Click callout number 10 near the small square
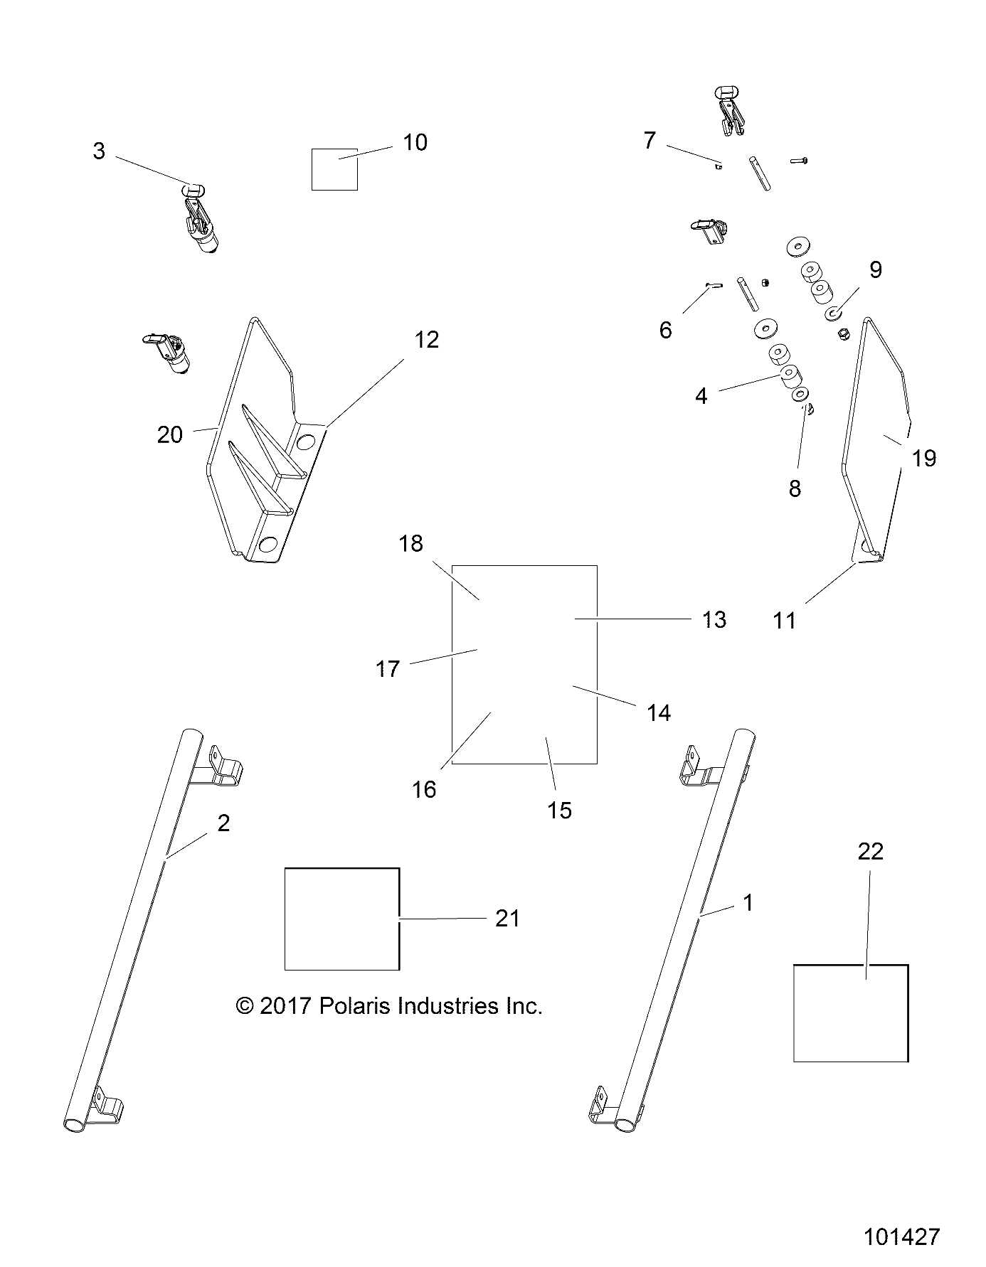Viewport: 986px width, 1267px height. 415,142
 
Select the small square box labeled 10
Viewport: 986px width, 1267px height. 334,169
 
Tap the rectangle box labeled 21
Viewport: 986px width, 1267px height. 341,918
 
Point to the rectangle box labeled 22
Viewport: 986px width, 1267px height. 850,1012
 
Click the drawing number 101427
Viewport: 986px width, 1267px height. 902,1236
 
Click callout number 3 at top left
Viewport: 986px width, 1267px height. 99,151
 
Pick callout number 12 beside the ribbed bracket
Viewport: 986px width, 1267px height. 427,340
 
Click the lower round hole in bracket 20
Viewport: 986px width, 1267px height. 269,545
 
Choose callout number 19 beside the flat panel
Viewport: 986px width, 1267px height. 924,458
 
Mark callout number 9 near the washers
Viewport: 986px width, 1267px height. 875,269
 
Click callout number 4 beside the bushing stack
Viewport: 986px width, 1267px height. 701,396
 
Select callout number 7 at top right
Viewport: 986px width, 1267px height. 649,140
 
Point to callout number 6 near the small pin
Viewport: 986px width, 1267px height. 665,330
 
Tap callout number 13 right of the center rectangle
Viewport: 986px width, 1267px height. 714,619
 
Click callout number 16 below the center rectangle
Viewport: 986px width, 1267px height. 424,789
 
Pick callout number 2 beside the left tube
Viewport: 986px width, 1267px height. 223,823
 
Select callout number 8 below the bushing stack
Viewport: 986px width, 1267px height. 795,488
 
